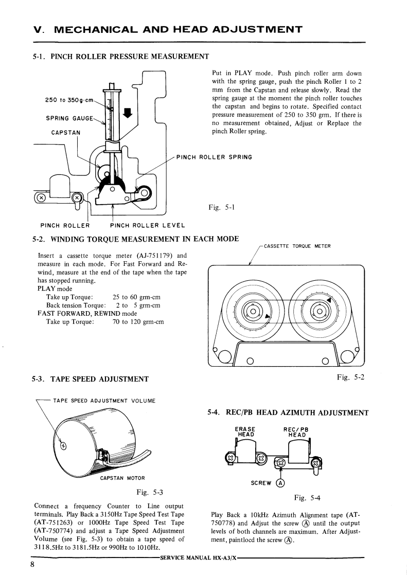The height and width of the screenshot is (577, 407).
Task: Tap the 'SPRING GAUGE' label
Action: tap(69, 118)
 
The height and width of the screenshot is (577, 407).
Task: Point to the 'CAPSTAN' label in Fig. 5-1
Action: tap(66, 132)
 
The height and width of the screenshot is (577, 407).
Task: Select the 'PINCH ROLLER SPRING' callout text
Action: tap(214, 157)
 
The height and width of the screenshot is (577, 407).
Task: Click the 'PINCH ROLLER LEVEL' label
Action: tap(148, 225)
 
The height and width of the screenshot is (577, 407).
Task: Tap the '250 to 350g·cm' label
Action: tap(69, 100)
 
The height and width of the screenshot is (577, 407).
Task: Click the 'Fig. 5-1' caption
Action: tap(222, 208)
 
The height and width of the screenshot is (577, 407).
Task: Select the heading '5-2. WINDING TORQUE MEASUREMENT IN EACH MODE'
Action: tap(136, 239)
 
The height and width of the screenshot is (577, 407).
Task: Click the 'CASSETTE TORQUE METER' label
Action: tap(296, 246)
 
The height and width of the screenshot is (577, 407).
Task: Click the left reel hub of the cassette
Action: tap(253, 311)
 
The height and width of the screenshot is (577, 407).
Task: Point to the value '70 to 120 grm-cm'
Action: tap(138, 322)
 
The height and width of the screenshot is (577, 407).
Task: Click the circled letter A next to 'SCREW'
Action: tap(280, 483)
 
